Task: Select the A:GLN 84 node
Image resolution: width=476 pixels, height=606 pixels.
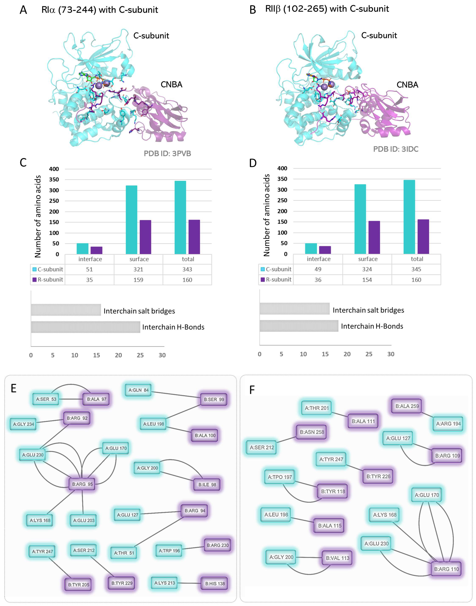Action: (138, 390)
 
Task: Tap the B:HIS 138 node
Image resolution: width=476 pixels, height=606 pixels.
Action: (215, 583)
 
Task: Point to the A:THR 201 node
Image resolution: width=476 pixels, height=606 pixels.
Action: (317, 408)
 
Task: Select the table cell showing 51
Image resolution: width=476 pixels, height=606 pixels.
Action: (89, 269)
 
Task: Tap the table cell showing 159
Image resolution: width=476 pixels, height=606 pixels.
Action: (138, 280)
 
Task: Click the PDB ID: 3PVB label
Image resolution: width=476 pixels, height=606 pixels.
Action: (167, 153)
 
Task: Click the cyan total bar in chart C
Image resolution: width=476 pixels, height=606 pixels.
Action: (180, 217)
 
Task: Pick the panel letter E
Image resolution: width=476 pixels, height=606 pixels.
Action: (13, 388)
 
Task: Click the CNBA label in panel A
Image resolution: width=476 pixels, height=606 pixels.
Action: (171, 84)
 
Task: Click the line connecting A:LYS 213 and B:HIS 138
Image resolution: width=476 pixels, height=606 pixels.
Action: (189, 583)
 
